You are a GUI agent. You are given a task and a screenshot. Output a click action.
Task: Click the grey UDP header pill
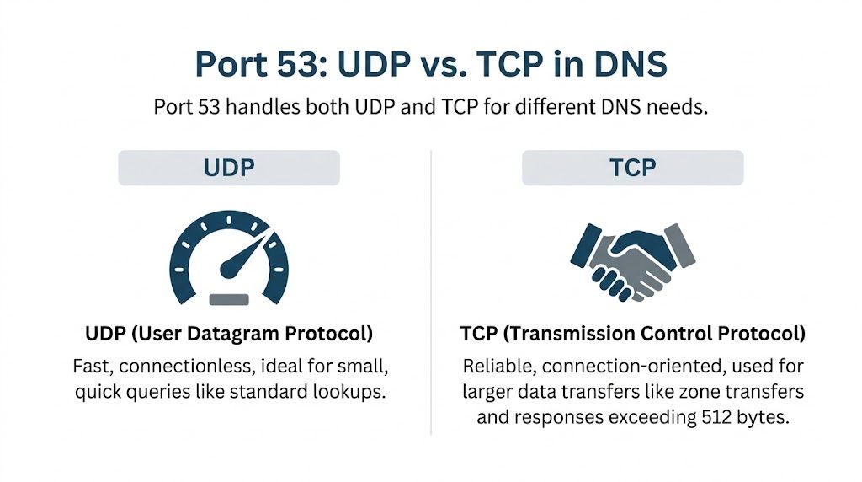(x=229, y=168)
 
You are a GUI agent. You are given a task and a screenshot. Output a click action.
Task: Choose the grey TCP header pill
(x=632, y=168)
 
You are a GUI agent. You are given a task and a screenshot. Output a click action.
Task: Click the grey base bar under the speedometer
(x=228, y=297)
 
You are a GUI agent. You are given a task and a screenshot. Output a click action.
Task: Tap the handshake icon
(x=632, y=260)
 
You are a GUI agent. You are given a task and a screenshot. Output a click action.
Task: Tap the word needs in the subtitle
(x=676, y=109)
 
